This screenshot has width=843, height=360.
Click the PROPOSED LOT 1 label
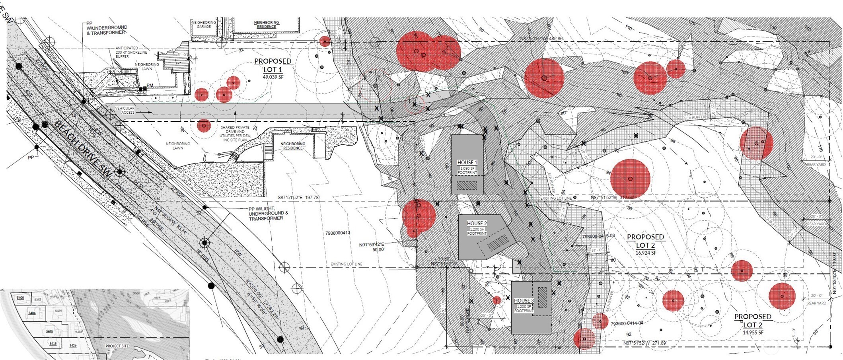pyautogui.click(x=273, y=65)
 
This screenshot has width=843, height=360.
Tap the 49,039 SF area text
pyautogui.click(x=273, y=77)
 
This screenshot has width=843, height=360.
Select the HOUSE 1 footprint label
pyautogui.click(x=467, y=163)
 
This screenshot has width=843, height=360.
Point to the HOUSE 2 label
pyautogui.click(x=477, y=224)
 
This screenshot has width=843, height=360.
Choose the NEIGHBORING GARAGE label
pyautogui.click(x=203, y=25)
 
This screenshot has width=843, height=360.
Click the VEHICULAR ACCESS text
pyautogui.click(x=125, y=110)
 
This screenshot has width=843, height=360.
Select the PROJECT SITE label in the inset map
pyautogui.click(x=117, y=346)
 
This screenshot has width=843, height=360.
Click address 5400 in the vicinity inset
pyautogui.click(x=20, y=298)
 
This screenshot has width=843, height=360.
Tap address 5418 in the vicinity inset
pyautogui.click(x=53, y=343)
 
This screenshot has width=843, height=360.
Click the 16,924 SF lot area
pyautogui.click(x=645, y=253)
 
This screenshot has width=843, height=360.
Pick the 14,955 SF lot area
pyautogui.click(x=753, y=333)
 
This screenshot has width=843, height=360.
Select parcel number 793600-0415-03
pyautogui.click(x=598, y=236)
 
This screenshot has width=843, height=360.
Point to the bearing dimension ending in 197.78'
pyautogui.click(x=298, y=197)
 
